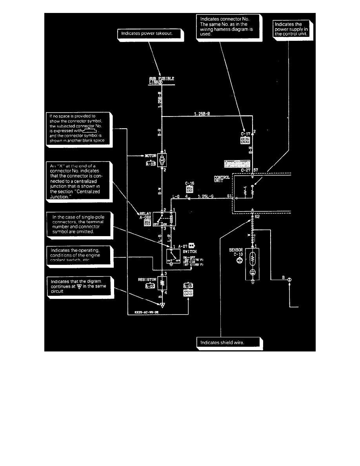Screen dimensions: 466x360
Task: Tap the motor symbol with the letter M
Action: (162, 160)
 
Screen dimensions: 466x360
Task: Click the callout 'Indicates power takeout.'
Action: (150, 34)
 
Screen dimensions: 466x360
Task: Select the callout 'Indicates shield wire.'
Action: (228, 342)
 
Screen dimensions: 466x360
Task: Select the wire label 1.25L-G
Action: (205, 196)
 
